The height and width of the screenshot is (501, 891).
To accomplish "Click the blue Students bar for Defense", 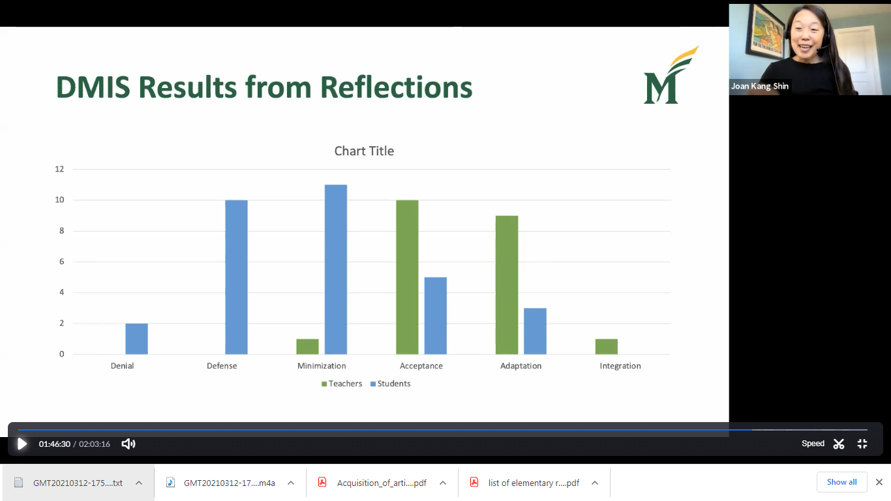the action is point(236,277).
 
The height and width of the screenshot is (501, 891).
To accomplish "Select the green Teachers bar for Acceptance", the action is point(407,277).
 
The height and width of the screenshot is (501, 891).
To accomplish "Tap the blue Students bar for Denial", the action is point(136,339).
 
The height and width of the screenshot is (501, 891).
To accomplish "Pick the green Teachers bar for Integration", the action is point(606,346).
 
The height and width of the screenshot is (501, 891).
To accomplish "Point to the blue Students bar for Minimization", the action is point(336,269).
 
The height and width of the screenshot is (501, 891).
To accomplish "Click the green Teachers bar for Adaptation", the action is point(507,285).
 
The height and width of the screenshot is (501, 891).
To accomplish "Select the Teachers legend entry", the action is point(342,384).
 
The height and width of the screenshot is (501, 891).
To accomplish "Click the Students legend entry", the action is point(390,384).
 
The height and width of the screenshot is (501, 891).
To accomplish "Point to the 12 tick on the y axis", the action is point(59,169).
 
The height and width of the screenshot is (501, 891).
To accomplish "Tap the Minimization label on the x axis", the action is point(322,366).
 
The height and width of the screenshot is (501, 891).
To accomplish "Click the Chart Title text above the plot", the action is point(364,151).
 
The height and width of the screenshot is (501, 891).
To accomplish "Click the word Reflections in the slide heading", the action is point(396,87).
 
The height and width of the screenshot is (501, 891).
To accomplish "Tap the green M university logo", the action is point(671,75).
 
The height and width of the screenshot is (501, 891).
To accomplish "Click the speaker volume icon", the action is point(128,444).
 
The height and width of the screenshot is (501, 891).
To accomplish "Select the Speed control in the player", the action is point(813,444).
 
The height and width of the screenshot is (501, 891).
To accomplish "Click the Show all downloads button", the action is point(841,482).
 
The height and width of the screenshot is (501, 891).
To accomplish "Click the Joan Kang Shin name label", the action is point(759,86).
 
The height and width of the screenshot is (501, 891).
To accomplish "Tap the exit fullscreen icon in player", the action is point(862,444).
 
